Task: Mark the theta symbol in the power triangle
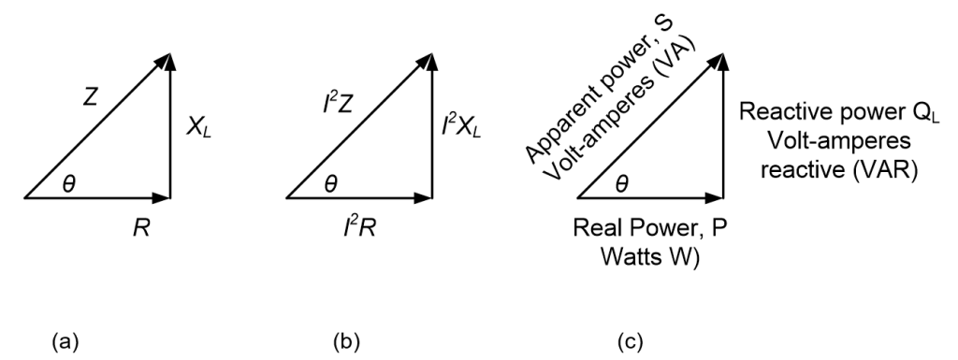pyautogui.click(x=625, y=182)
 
